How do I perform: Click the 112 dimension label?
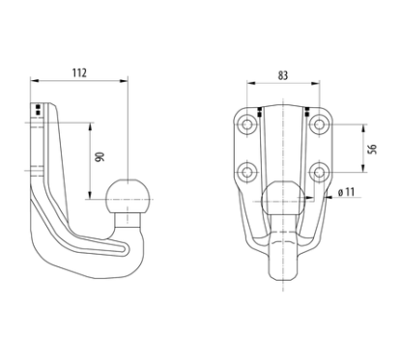(x=79, y=73)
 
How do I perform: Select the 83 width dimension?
(x=282, y=75)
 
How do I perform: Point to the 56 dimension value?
(x=372, y=149)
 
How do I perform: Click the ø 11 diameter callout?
(x=346, y=192)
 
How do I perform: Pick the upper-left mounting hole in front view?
(x=247, y=125)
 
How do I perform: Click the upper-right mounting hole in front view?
(x=319, y=125)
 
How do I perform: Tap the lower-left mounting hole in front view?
(x=247, y=173)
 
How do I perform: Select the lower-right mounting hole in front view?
(x=319, y=173)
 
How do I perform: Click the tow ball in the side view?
(x=129, y=196)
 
